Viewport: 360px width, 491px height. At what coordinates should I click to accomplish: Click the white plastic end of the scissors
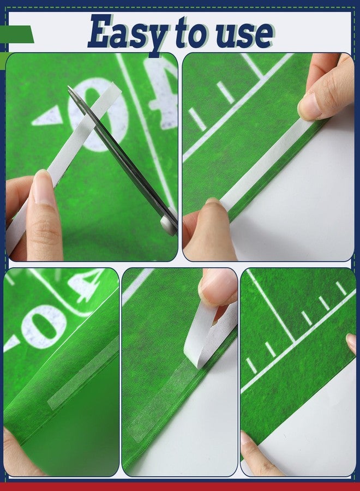[x=169, y=223]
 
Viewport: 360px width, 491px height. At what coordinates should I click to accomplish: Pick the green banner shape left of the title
[x=17, y=34]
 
